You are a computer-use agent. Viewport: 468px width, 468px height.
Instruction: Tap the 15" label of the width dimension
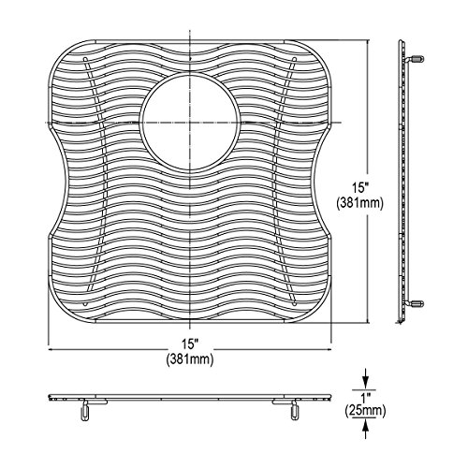point(190,344)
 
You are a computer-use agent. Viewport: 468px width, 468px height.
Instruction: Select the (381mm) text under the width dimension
point(190,359)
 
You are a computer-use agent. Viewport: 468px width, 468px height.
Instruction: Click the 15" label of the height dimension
point(360,187)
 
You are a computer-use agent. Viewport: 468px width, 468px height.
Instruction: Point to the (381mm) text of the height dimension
point(360,203)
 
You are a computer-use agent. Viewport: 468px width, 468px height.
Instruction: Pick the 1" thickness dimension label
point(365,398)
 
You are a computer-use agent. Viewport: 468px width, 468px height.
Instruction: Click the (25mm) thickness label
point(365,411)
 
